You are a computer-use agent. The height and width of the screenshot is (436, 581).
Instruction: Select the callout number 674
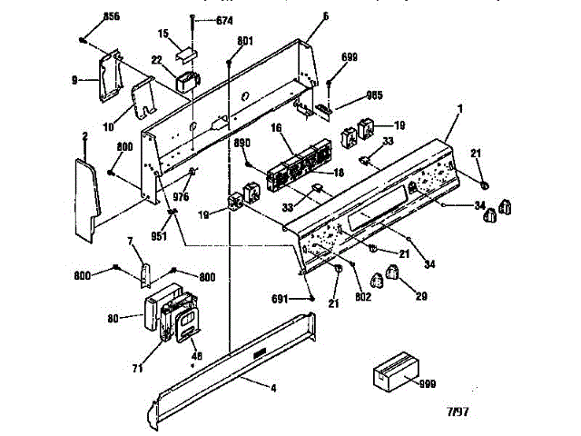pyautogui.click(x=222, y=20)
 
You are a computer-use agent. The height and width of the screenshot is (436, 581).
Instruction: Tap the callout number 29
pyautogui.click(x=419, y=297)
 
